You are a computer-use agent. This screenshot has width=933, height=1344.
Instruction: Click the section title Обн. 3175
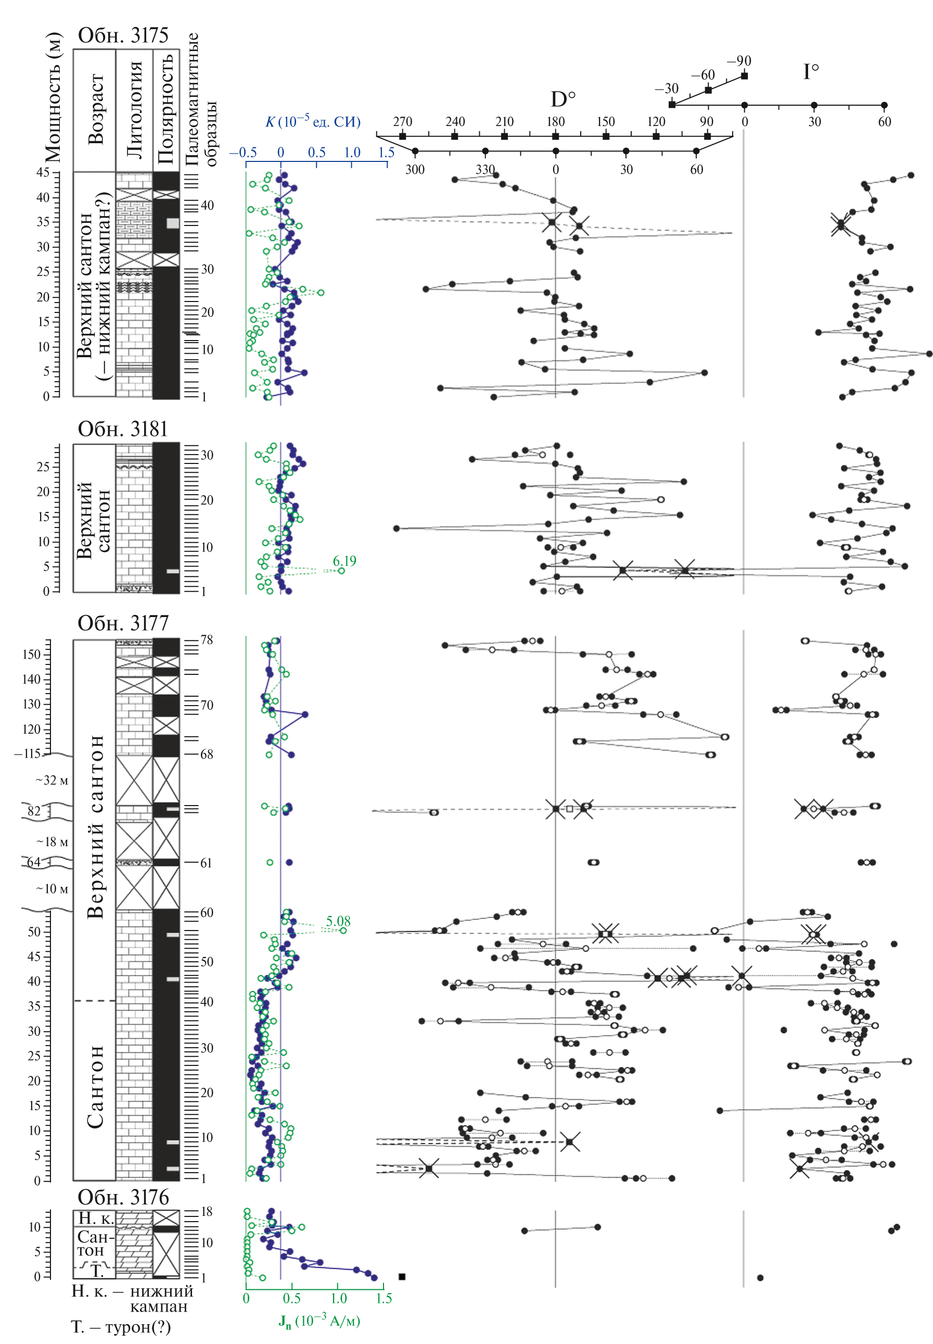[x=123, y=36]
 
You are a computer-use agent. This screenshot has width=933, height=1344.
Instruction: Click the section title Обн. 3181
[x=123, y=429]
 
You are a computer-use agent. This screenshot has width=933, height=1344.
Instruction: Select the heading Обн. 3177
[x=123, y=623]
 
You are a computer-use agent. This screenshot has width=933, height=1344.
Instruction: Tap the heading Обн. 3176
[x=123, y=1197]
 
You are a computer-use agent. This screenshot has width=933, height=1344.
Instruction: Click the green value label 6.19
[x=344, y=561]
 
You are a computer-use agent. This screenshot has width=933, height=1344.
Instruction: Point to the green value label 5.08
[x=338, y=921]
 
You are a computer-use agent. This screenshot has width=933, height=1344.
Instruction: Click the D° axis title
[x=563, y=99]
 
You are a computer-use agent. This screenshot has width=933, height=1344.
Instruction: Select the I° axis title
[x=811, y=72]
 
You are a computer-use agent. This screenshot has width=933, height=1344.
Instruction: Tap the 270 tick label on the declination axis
[x=402, y=122]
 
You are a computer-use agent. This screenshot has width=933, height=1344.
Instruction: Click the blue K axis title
[x=313, y=122]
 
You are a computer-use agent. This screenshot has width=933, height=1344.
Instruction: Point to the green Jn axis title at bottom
[x=318, y=1321]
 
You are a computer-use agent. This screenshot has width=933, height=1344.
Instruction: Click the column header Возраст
[x=95, y=109]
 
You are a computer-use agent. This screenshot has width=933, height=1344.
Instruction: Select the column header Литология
[x=134, y=109]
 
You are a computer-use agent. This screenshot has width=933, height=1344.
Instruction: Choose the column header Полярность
[x=166, y=109]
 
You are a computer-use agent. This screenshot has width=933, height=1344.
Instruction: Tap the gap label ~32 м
[x=52, y=780]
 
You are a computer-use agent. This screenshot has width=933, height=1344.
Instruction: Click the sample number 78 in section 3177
[x=207, y=640]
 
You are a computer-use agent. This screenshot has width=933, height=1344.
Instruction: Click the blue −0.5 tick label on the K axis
[x=242, y=153]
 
